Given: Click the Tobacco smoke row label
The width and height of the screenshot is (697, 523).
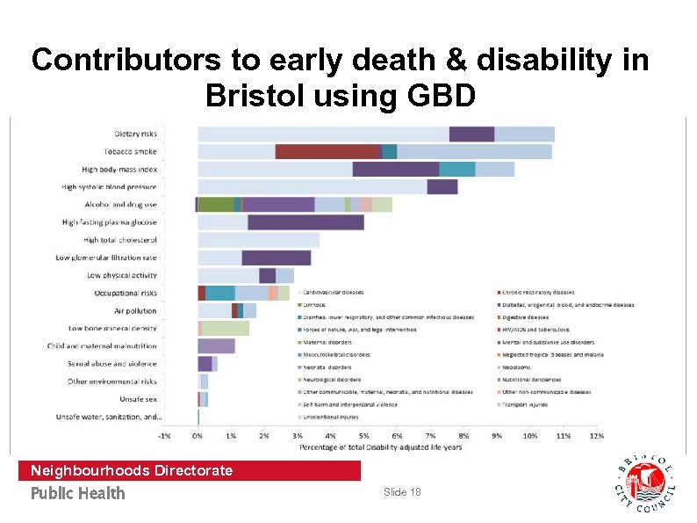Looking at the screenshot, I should pos(133,151).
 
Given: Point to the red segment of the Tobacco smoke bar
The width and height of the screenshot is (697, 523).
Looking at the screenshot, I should pos(327,151).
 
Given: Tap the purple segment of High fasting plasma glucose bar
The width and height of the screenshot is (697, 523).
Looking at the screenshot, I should pos(305,222).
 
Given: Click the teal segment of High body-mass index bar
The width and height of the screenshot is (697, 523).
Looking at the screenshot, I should pos(456,169).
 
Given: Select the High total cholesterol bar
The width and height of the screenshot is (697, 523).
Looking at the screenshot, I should pos(258,240).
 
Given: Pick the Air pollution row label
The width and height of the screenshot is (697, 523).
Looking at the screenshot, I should pos(135,310).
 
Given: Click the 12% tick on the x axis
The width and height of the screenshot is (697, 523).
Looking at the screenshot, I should pos(596,436).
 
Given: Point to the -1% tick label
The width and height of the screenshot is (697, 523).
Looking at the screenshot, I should pos(163,436).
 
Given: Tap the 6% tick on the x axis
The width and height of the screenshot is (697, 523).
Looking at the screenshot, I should pos(397,436).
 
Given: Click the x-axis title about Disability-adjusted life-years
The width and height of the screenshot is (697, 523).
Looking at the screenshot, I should pos(379,447).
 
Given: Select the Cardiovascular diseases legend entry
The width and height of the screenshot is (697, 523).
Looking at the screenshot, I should pos(334,292).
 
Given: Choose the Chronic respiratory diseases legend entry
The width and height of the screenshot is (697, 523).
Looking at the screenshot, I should pos(537,292).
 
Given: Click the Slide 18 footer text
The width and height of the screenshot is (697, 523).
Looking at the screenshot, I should pos(402,492).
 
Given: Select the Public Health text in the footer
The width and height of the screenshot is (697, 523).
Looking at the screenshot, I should pos(78,493).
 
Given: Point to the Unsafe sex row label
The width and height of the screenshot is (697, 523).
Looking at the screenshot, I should pos(139,398).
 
